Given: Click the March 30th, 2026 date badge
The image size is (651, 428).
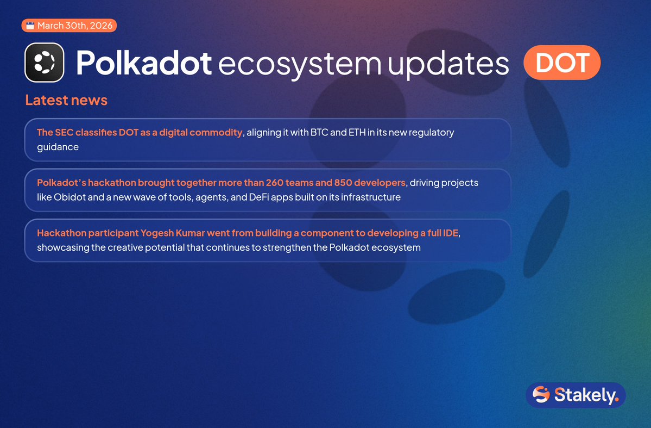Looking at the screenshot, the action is coord(69,26).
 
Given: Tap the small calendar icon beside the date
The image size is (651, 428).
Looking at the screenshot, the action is coord(30,26).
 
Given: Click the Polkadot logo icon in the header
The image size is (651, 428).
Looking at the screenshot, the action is coord(45,63).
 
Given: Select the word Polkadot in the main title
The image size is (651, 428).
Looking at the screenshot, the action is coord(144,63).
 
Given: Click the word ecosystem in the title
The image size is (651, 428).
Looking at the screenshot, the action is coord(300,65).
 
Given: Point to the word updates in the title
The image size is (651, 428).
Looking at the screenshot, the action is coord(448,65).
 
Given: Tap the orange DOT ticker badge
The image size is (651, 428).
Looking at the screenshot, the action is coord(562,63).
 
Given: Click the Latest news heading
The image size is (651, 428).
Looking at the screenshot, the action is coord(66,100).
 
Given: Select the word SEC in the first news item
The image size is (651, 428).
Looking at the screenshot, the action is coord(64,132).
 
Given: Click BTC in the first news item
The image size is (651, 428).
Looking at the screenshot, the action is coord(319,132).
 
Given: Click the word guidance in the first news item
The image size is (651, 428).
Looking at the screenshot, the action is coord(58,147).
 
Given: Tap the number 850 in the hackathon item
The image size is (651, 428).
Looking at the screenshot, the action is coord(343,183).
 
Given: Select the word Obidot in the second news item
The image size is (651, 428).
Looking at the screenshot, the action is coord(69,197).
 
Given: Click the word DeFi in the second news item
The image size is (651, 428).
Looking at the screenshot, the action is coord(259,197).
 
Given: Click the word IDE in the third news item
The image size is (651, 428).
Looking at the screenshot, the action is coord(451,233).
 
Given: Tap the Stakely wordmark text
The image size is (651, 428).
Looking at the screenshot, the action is coord(587,395).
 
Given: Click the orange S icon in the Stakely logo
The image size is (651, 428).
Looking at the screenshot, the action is coord(541,394).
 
